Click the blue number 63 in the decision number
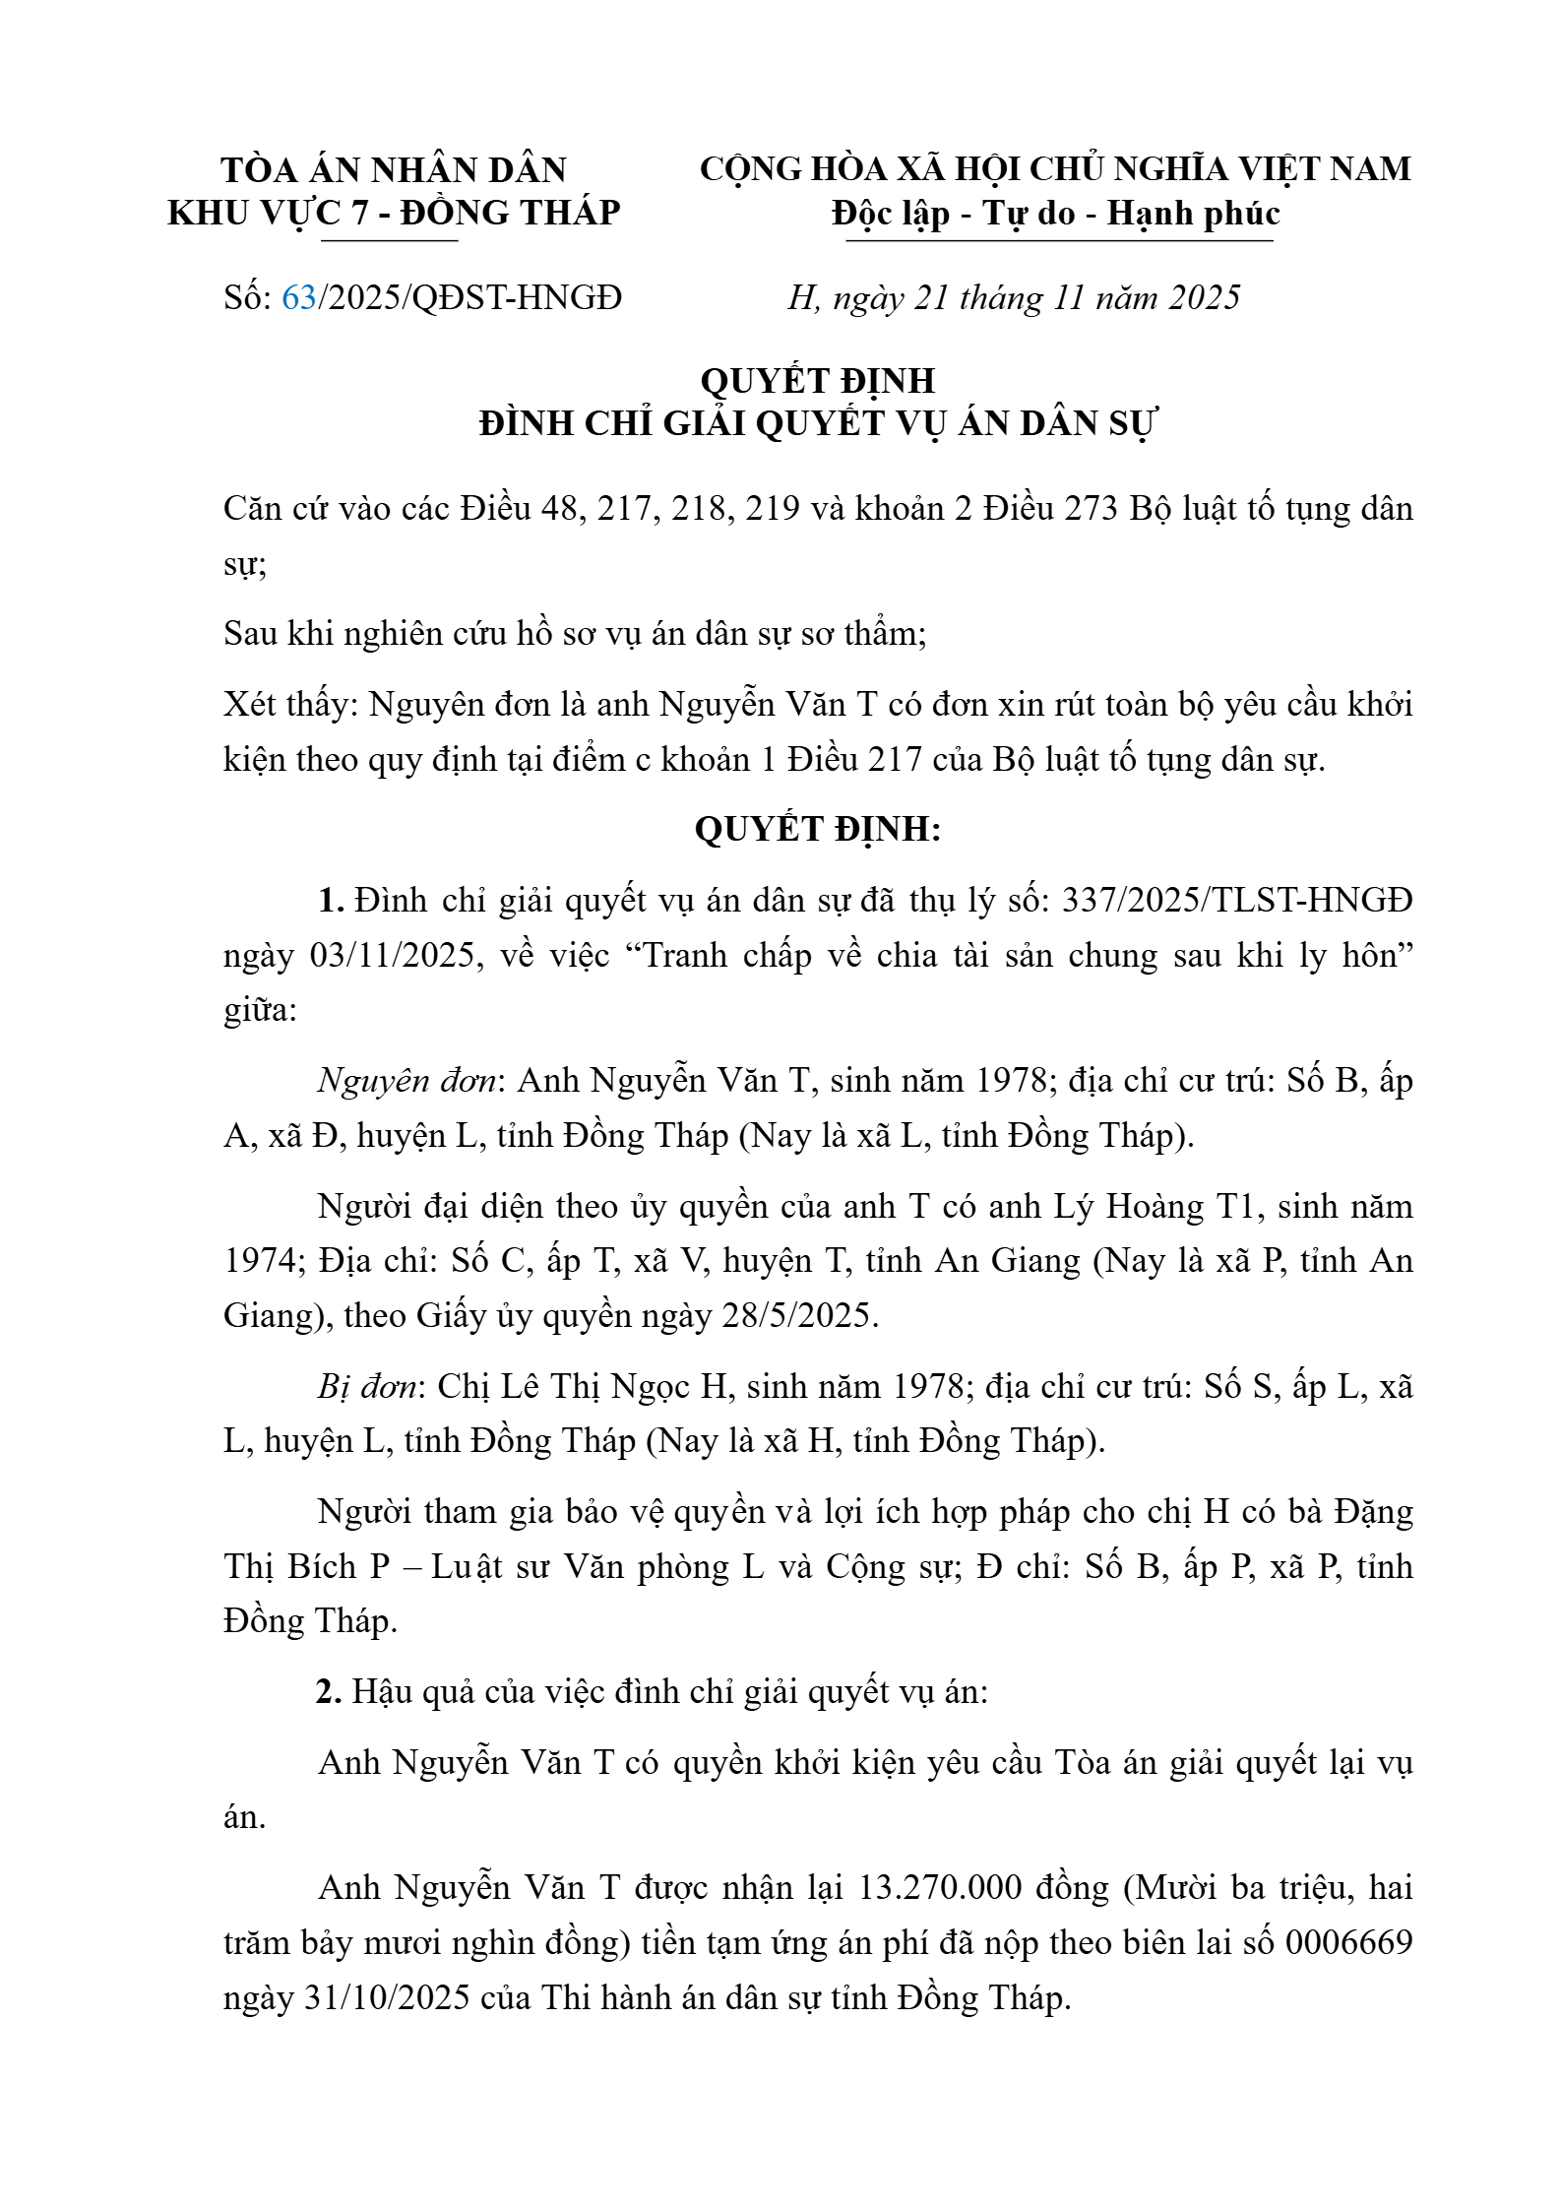click(299, 297)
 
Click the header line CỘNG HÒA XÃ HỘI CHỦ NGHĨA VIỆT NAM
click(1054, 169)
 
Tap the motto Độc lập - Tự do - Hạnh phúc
click(1054, 214)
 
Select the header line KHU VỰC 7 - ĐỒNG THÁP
click(394, 213)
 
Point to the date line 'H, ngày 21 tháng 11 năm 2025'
click(1013, 297)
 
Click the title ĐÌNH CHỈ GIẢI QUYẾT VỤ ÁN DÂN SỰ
click(817, 423)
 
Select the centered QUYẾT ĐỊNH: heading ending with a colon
click(817, 829)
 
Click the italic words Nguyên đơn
click(406, 1081)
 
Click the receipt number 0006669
click(1348, 1942)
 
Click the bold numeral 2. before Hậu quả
click(329, 1691)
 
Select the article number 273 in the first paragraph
click(1090, 508)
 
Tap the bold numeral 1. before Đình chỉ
click(330, 900)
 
